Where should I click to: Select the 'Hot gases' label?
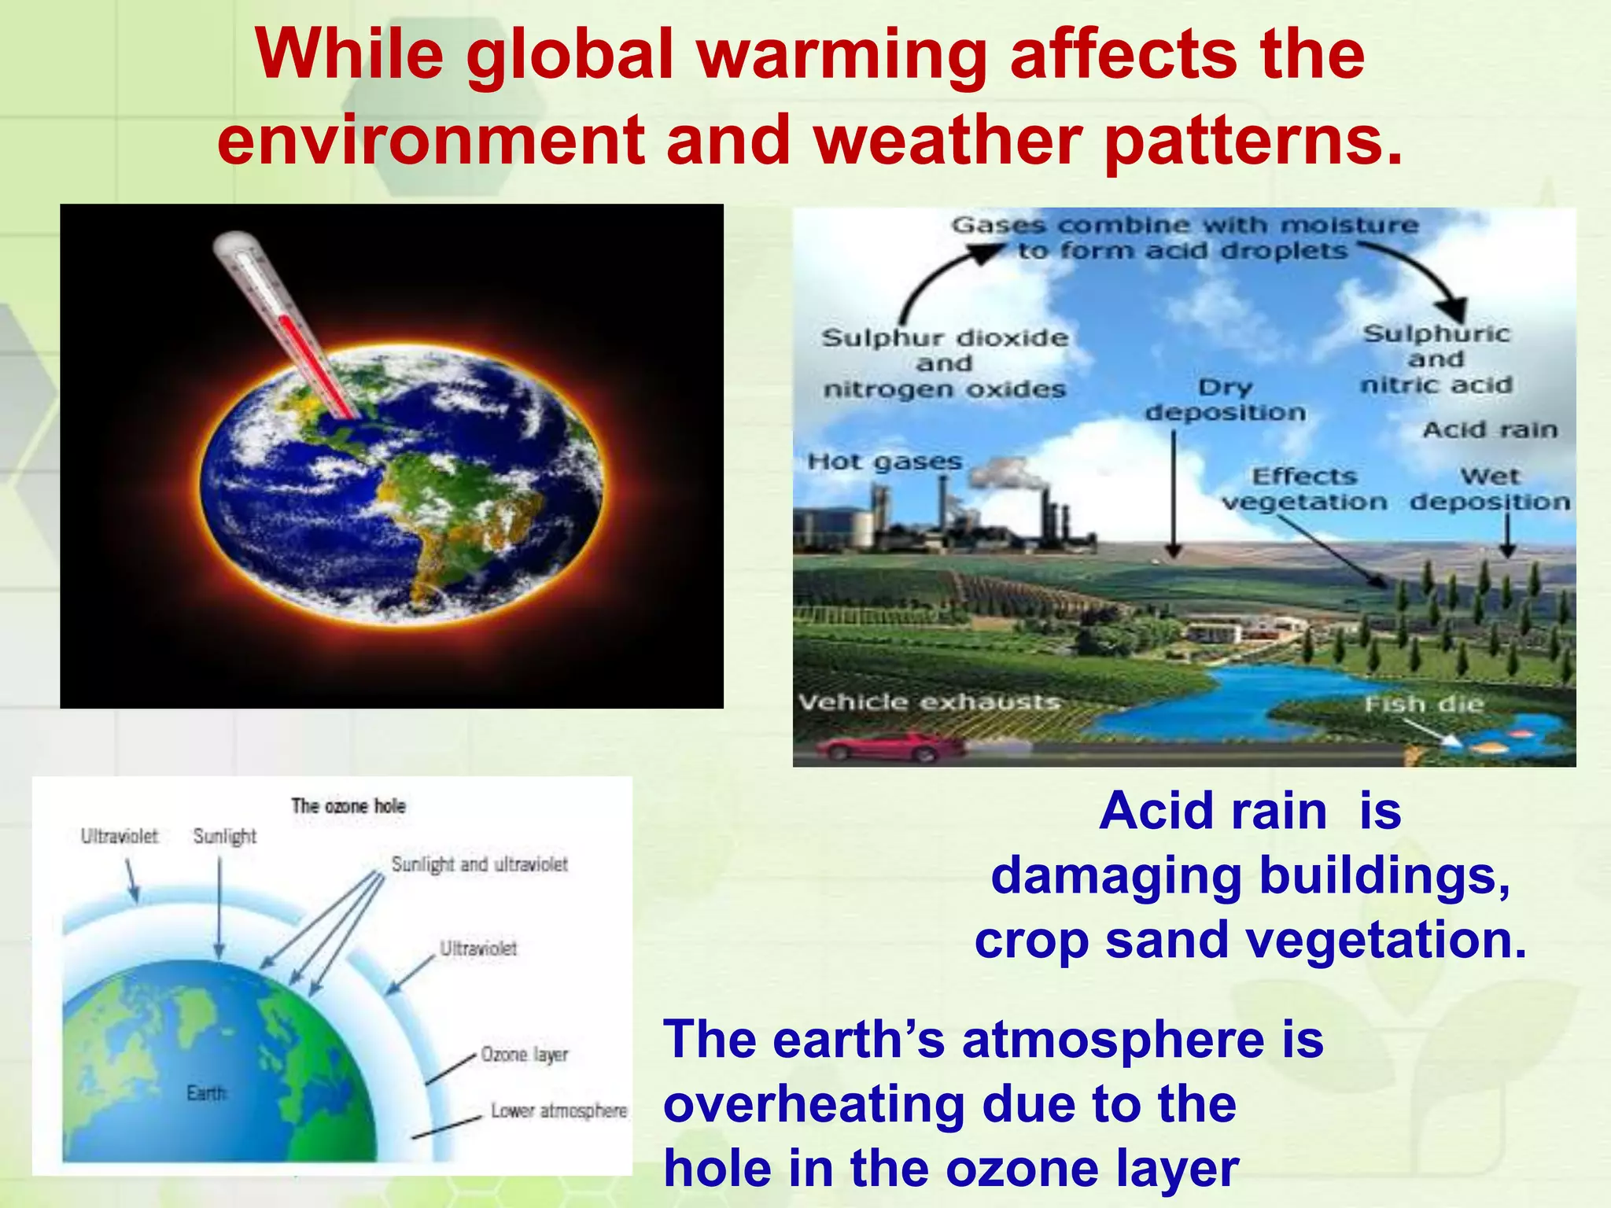[885, 462]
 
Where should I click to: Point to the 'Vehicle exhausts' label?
[929, 702]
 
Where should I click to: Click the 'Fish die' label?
[1424, 703]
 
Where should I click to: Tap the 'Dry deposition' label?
[1225, 400]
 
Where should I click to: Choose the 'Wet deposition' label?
[1490, 488]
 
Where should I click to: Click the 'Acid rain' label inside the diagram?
[1490, 429]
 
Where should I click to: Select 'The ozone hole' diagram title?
[348, 805]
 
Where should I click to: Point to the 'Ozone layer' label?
[525, 1054]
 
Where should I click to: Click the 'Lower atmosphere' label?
[559, 1110]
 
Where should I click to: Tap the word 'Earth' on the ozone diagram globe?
[206, 1092]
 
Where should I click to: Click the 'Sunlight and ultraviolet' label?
[479, 864]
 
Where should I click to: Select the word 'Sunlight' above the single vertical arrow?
[225, 836]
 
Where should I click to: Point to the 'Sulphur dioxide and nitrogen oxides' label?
[945, 363]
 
